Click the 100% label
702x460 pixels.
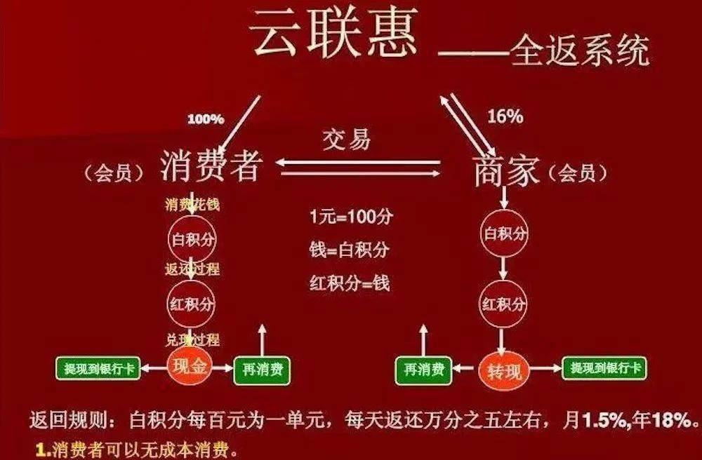(x=205, y=119)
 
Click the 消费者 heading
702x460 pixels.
(x=211, y=168)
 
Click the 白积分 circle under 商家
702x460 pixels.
(x=503, y=234)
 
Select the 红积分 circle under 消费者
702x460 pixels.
(x=192, y=304)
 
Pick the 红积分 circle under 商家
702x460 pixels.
(x=503, y=304)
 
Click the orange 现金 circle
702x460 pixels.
(x=190, y=367)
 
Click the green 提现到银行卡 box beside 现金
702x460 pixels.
(x=98, y=367)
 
